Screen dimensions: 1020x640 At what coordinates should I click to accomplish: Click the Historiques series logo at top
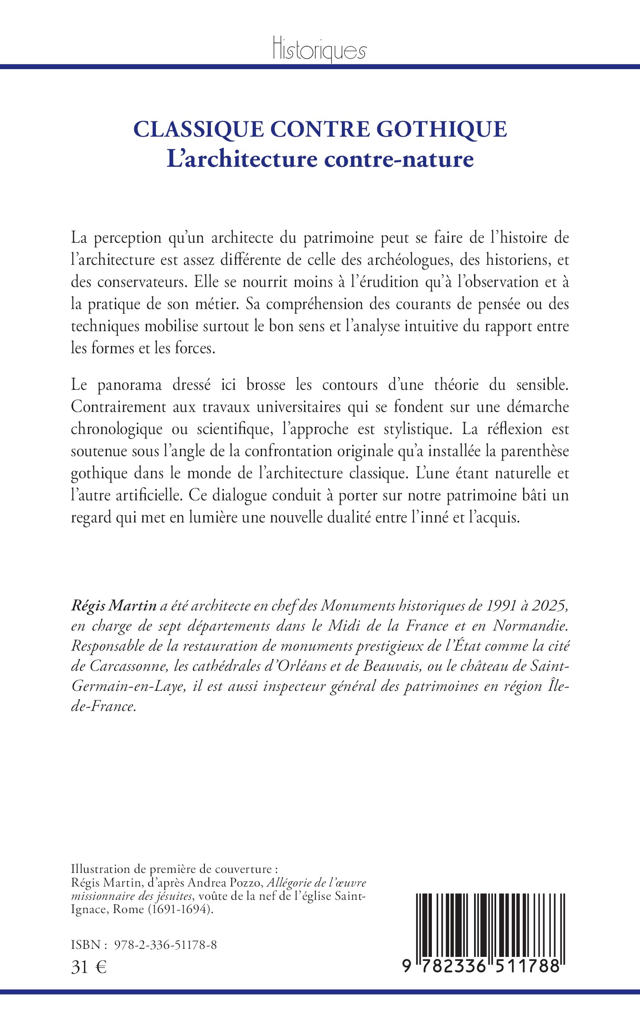pyautogui.click(x=319, y=50)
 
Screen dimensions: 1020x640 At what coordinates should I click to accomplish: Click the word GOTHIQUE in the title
pyautogui.click(x=442, y=129)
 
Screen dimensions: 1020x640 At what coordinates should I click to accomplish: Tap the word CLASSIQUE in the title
pyautogui.click(x=198, y=129)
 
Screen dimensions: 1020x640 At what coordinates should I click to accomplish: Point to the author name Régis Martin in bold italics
pyautogui.click(x=114, y=606)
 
